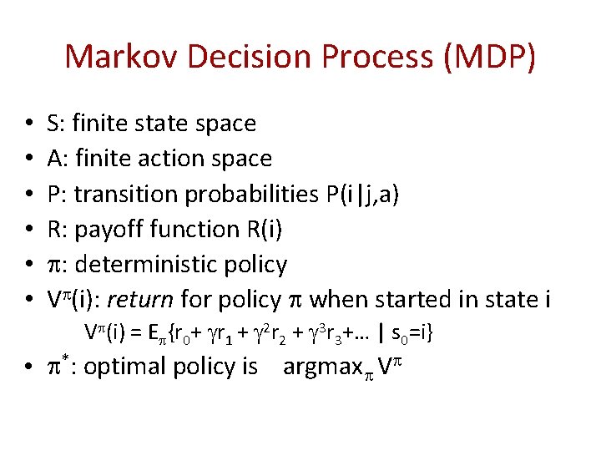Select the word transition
(125, 194)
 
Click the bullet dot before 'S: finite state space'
(30, 124)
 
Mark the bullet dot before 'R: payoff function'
(30, 230)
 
